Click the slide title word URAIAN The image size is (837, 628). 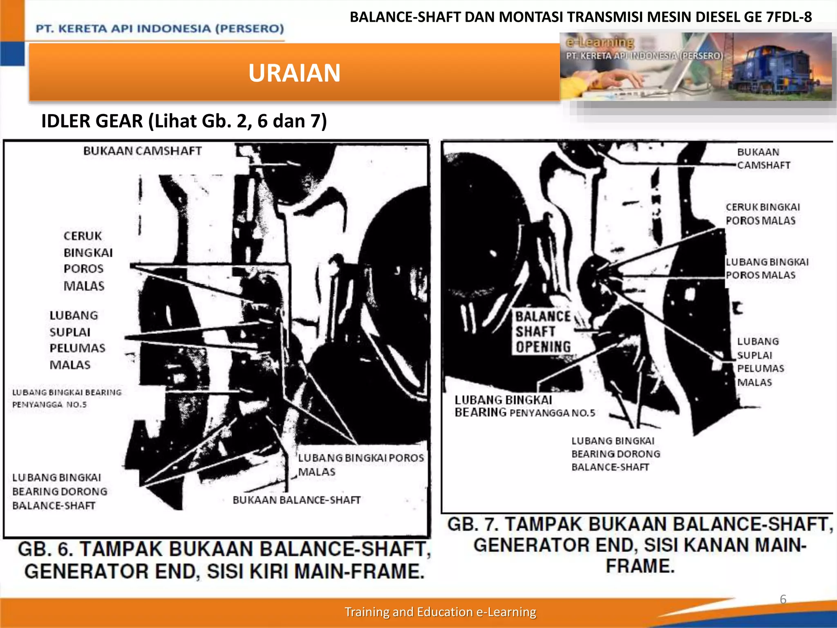click(294, 73)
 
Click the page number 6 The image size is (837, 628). click(783, 599)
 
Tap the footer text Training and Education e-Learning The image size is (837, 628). click(440, 612)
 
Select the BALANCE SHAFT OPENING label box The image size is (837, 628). click(543, 331)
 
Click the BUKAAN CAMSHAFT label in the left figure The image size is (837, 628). click(142, 151)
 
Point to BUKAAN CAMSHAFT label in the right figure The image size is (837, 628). click(763, 158)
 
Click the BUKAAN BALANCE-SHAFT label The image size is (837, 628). click(296, 500)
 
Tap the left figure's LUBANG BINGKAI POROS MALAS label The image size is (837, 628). click(361, 464)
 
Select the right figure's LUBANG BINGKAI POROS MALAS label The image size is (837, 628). click(767, 268)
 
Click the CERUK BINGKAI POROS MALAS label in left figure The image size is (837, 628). click(88, 261)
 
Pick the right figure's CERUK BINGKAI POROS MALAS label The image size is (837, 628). click(763, 214)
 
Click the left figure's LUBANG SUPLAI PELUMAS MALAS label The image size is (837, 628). click(77, 340)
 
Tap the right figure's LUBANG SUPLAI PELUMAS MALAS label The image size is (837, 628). click(760, 362)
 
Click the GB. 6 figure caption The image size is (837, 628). click(224, 560)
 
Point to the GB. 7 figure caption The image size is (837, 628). click(640, 545)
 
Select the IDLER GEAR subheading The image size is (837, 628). click(184, 121)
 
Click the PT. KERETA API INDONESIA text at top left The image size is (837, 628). click(160, 29)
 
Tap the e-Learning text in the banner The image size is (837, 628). click(600, 42)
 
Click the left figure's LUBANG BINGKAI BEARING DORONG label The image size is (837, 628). click(60, 491)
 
